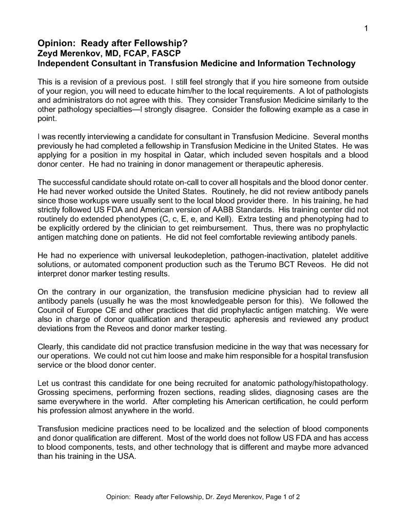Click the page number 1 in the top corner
coord(366,29)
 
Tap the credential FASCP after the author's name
coord(165,53)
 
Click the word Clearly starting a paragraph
coord(53,347)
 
